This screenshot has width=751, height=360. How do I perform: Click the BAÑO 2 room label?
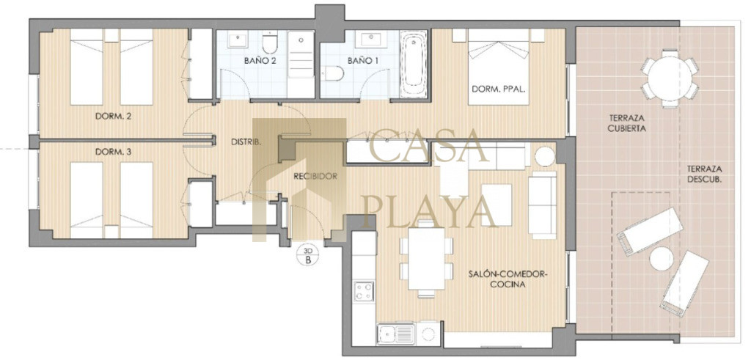260,61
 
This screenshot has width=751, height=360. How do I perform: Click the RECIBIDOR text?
315,176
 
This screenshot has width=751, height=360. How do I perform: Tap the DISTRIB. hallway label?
246,142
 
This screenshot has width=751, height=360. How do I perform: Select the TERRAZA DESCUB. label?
705,175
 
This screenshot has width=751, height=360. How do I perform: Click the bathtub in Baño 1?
414,64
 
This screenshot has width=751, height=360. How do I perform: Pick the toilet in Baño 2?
270,42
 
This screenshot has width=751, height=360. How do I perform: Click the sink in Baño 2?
238,40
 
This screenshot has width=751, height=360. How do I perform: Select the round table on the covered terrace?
670,78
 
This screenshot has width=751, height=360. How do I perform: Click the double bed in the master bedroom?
499,67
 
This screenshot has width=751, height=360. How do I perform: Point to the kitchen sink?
395,334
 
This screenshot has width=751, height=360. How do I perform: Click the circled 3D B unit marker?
308,255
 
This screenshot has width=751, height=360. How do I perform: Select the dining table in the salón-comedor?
426,259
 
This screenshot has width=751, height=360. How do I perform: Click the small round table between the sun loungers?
662,259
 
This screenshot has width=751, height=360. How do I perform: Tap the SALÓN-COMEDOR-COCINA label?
508,279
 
